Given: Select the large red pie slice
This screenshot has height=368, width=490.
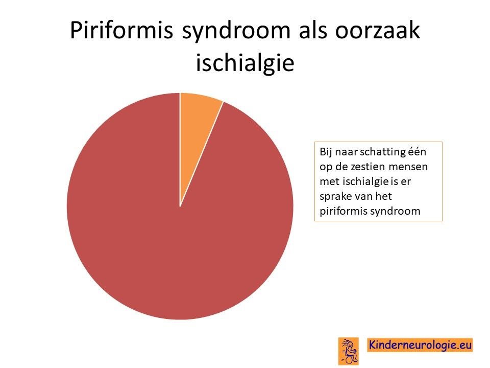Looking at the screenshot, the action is point(175,219).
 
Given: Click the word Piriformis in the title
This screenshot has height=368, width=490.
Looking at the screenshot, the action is point(121,31).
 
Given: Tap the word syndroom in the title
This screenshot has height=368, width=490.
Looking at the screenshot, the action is point(236,31).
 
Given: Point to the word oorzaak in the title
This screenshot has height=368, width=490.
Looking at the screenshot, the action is point(378,31).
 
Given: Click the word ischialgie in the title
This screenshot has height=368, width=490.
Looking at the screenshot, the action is point(245,62).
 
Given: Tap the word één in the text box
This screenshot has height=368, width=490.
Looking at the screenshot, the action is point(417,151).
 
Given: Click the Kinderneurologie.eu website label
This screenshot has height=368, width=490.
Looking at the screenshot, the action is point(420,345).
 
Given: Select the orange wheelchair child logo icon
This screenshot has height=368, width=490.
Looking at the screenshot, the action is point(349,351).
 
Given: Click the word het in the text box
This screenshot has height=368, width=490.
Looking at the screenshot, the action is point(384,196).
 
